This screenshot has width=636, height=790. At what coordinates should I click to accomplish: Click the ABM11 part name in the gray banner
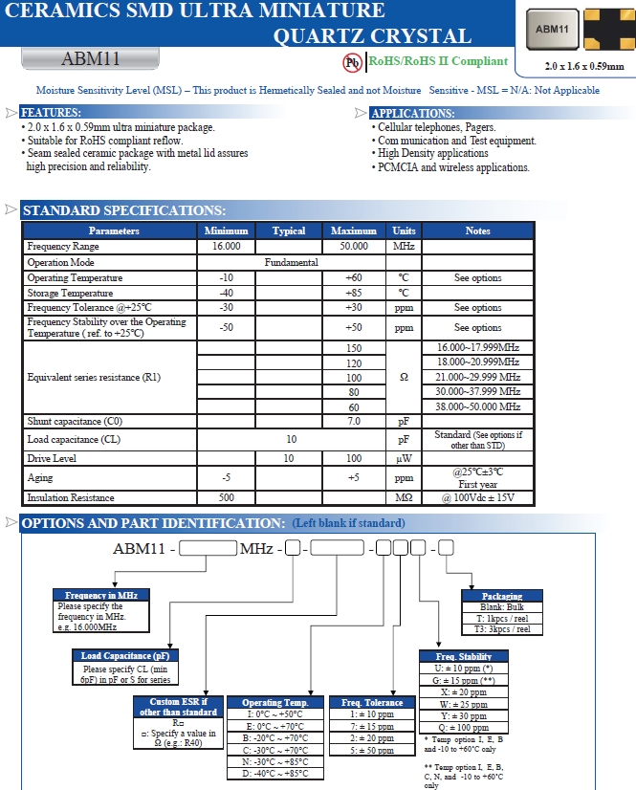91,58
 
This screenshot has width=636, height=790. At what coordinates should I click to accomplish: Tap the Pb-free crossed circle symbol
352,62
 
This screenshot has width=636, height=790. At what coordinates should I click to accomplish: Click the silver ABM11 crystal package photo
552,29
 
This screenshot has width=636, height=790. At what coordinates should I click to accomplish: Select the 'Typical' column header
289,230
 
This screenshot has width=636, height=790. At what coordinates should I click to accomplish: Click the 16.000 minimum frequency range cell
226,247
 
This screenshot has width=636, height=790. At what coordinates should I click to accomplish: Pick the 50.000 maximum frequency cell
354,247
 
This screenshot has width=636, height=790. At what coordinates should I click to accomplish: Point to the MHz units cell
403,247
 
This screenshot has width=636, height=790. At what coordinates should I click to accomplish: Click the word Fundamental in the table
292,262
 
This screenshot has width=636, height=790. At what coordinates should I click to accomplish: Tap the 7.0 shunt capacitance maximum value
354,422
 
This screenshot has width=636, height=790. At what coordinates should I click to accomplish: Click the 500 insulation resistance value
226,498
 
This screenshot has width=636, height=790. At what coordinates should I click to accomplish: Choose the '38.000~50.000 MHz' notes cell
478,406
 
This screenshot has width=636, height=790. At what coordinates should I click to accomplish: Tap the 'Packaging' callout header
502,596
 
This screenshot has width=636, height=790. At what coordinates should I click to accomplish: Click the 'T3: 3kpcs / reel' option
502,630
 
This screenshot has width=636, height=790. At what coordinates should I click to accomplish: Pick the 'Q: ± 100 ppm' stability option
464,728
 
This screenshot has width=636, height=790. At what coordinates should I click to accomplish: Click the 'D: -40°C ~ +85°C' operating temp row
274,773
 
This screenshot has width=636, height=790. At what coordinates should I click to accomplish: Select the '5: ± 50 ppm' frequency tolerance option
372,751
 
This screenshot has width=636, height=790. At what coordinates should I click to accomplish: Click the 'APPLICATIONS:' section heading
411,113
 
